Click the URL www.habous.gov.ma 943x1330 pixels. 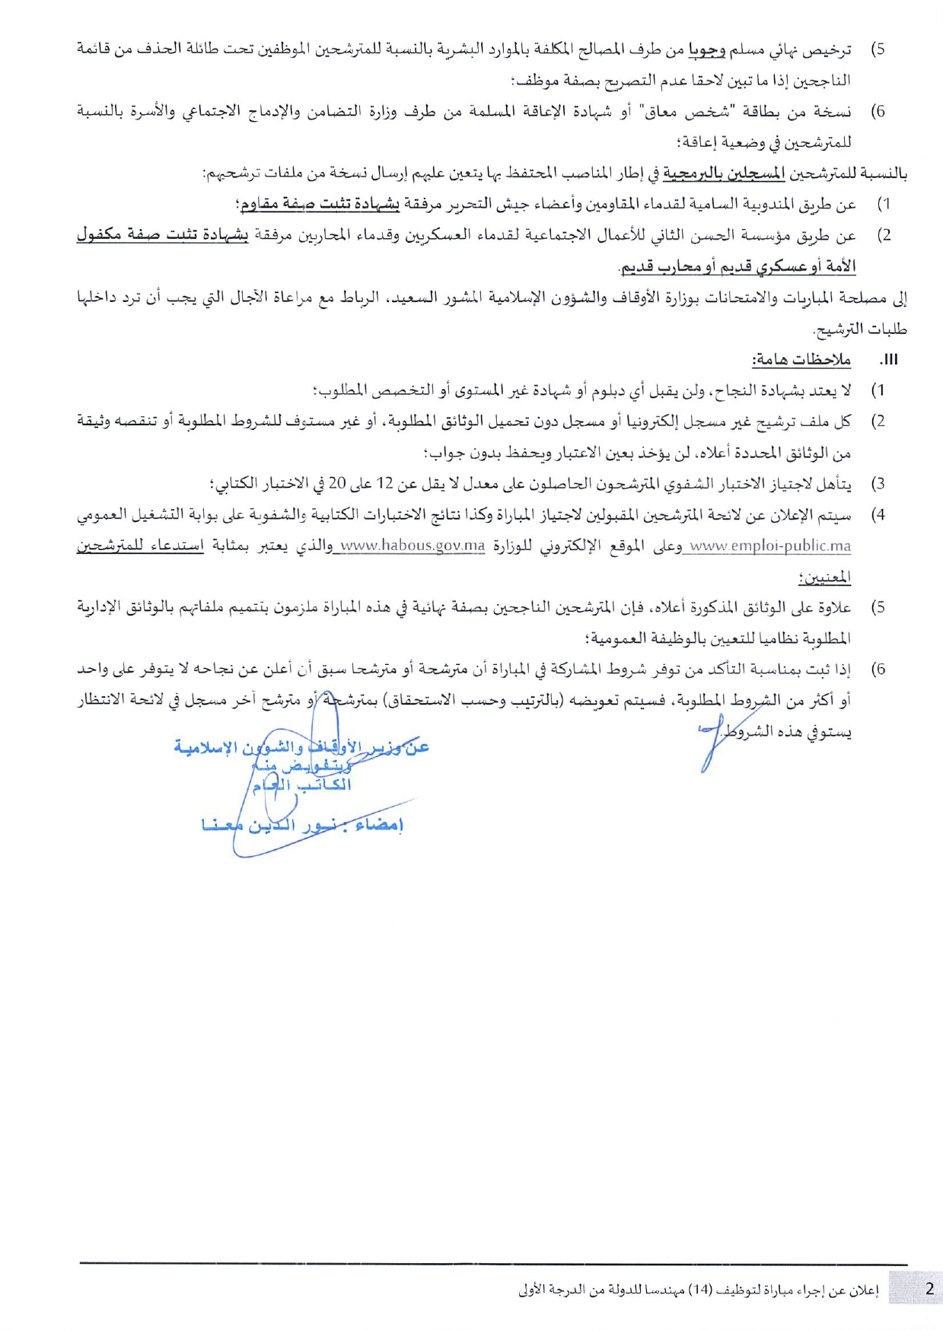click(x=413, y=546)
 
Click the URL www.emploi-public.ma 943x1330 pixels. click(x=769, y=546)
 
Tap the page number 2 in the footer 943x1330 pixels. click(x=929, y=1288)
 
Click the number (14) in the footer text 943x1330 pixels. click(x=700, y=1290)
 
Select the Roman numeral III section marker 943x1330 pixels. click(x=888, y=360)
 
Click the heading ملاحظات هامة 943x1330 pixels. click(x=801, y=360)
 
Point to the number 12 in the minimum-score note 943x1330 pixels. click(x=384, y=483)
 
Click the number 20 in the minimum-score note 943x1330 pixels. click(x=337, y=483)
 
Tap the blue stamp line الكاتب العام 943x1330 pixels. click(x=302, y=784)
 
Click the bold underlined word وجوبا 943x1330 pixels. click(x=707, y=49)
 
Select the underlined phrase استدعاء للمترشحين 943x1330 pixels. click(x=140, y=546)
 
